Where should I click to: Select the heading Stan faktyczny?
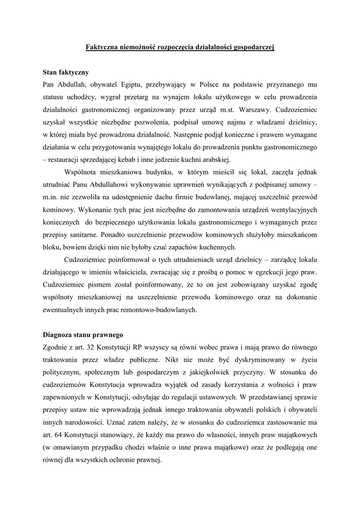(x=67, y=73)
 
